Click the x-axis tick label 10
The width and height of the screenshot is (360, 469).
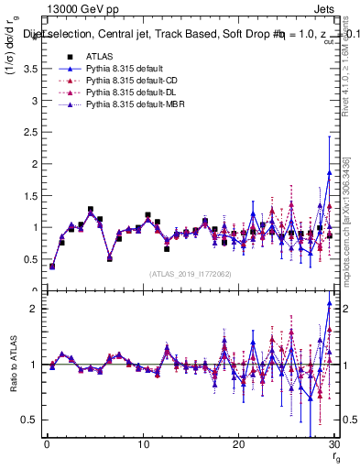[x=142, y=443]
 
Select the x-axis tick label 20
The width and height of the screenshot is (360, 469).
[x=238, y=443]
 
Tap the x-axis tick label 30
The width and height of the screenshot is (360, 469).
[x=333, y=443]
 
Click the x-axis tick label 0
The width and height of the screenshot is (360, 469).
[x=47, y=443]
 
